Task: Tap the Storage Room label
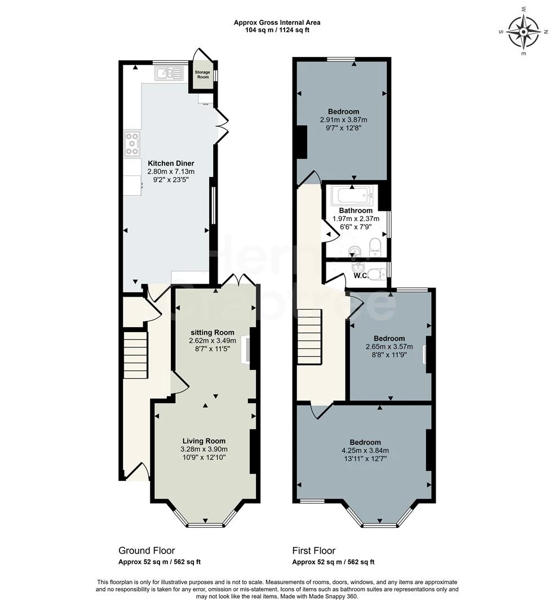202,74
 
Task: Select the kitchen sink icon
169,73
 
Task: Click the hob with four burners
132,144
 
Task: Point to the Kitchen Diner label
171,163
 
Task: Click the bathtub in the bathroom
351,196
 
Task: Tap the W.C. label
361,276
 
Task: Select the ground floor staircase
135,355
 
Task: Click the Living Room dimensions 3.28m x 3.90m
203,449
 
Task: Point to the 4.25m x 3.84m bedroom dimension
365,451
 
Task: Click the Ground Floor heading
147,550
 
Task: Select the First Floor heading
313,550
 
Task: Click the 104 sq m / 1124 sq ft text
277,30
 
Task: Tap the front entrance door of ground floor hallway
137,471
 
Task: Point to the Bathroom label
355,211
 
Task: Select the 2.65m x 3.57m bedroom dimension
389,347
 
